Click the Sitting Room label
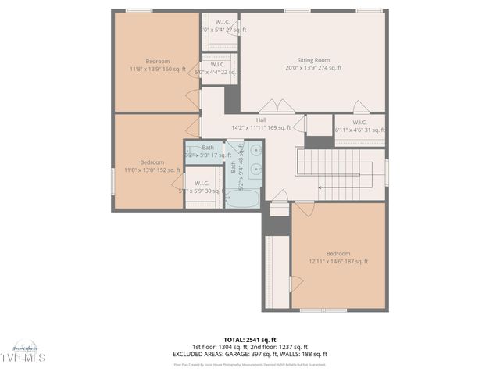[313, 64]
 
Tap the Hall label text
[261, 123]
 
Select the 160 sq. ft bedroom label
[157, 65]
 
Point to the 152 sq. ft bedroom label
[152, 166]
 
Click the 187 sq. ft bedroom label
[338, 257]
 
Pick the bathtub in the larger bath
[244, 198]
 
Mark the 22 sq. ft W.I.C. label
[219, 68]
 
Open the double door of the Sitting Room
[277, 106]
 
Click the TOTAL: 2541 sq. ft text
[249, 340]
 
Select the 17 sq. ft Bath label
[208, 151]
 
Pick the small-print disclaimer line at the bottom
[249, 364]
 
